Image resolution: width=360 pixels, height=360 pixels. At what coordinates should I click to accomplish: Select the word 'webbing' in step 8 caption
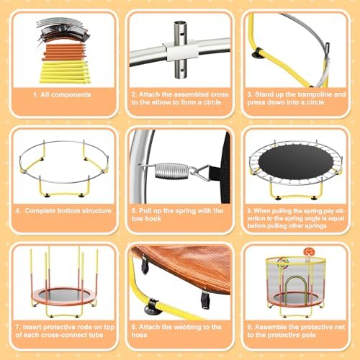[x=188, y=326]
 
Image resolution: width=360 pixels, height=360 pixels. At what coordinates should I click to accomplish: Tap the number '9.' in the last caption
[x=249, y=326]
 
